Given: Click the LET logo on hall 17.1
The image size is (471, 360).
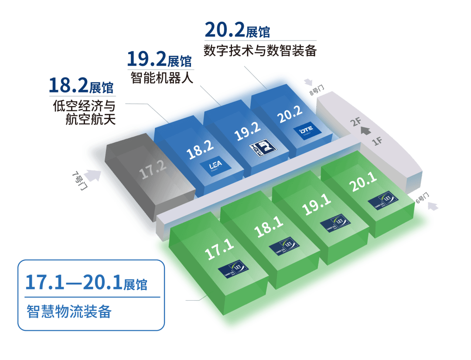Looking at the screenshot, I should pyautogui.click(x=233, y=267).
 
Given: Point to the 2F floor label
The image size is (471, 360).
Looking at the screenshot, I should pyautogui.click(x=356, y=121).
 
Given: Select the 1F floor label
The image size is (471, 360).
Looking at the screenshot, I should pyautogui.click(x=378, y=141).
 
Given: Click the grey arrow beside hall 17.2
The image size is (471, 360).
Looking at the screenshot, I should pyautogui.click(x=92, y=175).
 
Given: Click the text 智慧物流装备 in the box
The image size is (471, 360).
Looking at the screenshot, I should pyautogui.click(x=69, y=312).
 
